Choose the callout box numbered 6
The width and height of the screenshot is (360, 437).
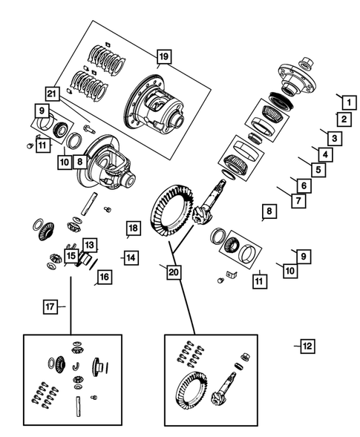304,185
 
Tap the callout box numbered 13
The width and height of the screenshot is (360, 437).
88,244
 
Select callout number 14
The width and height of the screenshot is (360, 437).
129,257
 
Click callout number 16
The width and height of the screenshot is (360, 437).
103,277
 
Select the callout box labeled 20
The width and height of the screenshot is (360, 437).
173,272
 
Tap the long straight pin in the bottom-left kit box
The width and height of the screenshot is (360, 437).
78,406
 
